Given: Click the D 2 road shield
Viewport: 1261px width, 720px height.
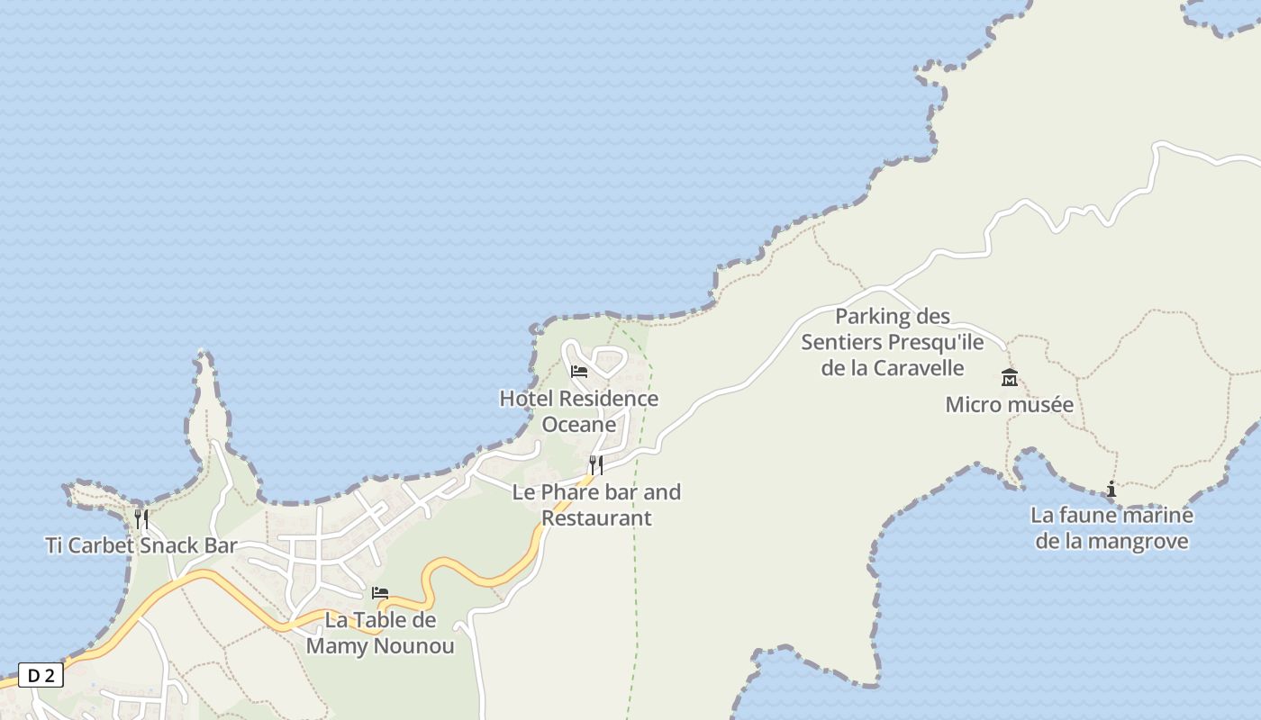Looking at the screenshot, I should (41, 676).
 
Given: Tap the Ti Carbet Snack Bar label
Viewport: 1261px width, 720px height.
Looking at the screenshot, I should (141, 545).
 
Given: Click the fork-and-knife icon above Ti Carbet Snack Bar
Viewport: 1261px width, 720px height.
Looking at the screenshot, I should (141, 519).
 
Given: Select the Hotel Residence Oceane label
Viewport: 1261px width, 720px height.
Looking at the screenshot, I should (579, 411).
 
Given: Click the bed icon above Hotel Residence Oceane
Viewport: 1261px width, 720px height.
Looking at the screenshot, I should (579, 371).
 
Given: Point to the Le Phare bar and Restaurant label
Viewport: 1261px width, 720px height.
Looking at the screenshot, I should (596, 505).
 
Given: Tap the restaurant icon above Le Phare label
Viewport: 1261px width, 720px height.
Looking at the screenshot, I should (596, 465).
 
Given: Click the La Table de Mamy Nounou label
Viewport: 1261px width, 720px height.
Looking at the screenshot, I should (380, 634).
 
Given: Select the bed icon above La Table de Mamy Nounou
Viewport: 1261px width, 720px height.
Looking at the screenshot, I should (380, 593).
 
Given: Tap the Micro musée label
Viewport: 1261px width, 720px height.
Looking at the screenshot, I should (1009, 405).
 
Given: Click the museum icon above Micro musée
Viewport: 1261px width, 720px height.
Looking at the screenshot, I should (1010, 378).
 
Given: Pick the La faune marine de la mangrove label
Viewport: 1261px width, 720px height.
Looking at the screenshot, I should (1111, 528).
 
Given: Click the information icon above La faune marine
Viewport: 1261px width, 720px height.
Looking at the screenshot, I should (1111, 490).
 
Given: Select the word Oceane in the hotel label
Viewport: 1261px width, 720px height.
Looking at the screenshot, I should (579, 425).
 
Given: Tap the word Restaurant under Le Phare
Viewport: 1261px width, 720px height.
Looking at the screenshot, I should (596, 518).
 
